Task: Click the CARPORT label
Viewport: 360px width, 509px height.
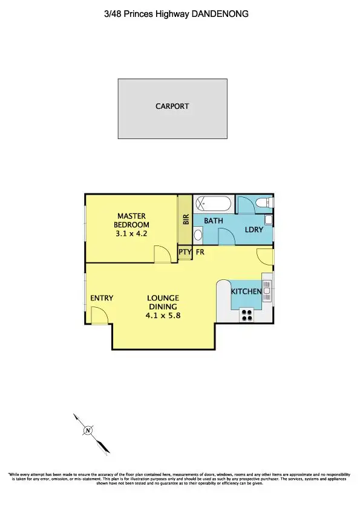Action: coord(172,106)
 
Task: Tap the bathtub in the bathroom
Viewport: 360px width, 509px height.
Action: coord(213,204)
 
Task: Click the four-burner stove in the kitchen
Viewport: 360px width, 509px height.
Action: coord(247,314)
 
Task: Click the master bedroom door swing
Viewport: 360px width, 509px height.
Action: coord(162,254)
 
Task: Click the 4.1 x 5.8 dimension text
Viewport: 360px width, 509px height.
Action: coord(162,315)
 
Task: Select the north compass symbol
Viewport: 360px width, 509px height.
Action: coord(88,430)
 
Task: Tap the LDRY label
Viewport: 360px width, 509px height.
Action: coord(253,230)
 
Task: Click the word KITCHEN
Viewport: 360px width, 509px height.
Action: coord(246,292)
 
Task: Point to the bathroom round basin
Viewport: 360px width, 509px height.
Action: coord(199,238)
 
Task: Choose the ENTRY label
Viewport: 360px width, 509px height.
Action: coord(102,298)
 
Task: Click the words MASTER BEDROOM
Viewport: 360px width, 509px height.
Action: coord(131,220)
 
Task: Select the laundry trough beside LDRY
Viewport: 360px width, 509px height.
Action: coord(269,220)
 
